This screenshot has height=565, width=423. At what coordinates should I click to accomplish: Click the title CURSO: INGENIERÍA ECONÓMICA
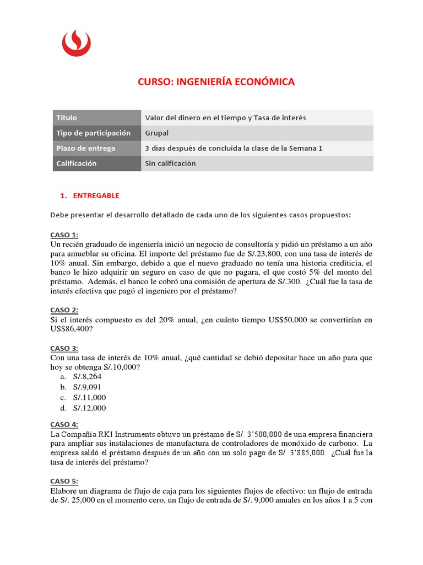point(216,82)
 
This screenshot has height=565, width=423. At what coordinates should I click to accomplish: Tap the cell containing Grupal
point(157,133)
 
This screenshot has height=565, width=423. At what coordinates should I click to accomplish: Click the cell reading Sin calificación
point(170,163)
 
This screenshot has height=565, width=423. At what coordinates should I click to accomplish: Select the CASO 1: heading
point(64,234)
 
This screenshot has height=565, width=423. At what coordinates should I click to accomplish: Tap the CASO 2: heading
point(64,310)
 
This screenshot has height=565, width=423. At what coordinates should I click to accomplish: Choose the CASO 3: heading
point(64,348)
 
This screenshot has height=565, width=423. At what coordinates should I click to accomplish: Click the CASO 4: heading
point(64,424)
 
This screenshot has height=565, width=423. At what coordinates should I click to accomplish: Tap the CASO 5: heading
point(64,481)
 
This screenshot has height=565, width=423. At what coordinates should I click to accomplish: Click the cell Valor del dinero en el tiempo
point(225,118)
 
